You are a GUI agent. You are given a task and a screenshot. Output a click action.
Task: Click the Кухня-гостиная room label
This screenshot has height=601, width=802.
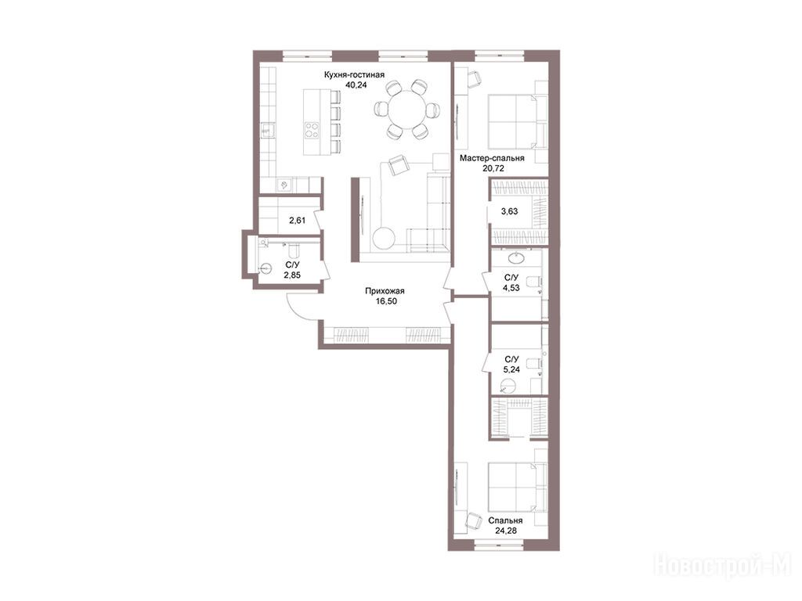coord(354,75)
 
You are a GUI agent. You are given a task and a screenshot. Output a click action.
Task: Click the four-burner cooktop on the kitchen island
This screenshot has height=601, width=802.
coord(312,130)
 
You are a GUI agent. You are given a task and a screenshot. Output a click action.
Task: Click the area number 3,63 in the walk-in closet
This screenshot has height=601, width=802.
coord(509,211)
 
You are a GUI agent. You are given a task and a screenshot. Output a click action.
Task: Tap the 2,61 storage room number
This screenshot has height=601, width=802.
coord(297,221)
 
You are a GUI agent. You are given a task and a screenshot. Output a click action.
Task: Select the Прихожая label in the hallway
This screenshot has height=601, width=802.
coord(385,291)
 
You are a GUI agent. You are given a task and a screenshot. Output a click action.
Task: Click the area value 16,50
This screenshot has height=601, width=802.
coord(385,301)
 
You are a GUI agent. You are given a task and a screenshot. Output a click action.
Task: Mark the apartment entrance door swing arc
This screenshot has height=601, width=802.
coord(294,311)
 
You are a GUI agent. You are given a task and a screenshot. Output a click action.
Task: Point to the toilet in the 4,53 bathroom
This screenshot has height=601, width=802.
coord(533,281)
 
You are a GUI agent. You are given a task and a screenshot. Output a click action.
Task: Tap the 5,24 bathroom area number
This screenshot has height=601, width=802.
coord(511,369)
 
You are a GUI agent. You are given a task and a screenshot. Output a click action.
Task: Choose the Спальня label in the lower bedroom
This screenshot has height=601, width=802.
coord(505,520)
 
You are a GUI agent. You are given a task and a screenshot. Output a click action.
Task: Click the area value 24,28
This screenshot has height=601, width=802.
coord(507,531)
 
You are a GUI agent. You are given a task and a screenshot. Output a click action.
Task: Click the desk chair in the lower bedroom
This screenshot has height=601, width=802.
coord(474,520)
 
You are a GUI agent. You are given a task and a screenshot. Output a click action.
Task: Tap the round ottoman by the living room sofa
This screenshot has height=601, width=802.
coord(383,239)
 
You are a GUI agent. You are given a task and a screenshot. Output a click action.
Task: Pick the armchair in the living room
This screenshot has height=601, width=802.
coord(399,166)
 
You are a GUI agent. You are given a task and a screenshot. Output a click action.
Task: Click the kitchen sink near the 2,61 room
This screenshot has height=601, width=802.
coord(283,185)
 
